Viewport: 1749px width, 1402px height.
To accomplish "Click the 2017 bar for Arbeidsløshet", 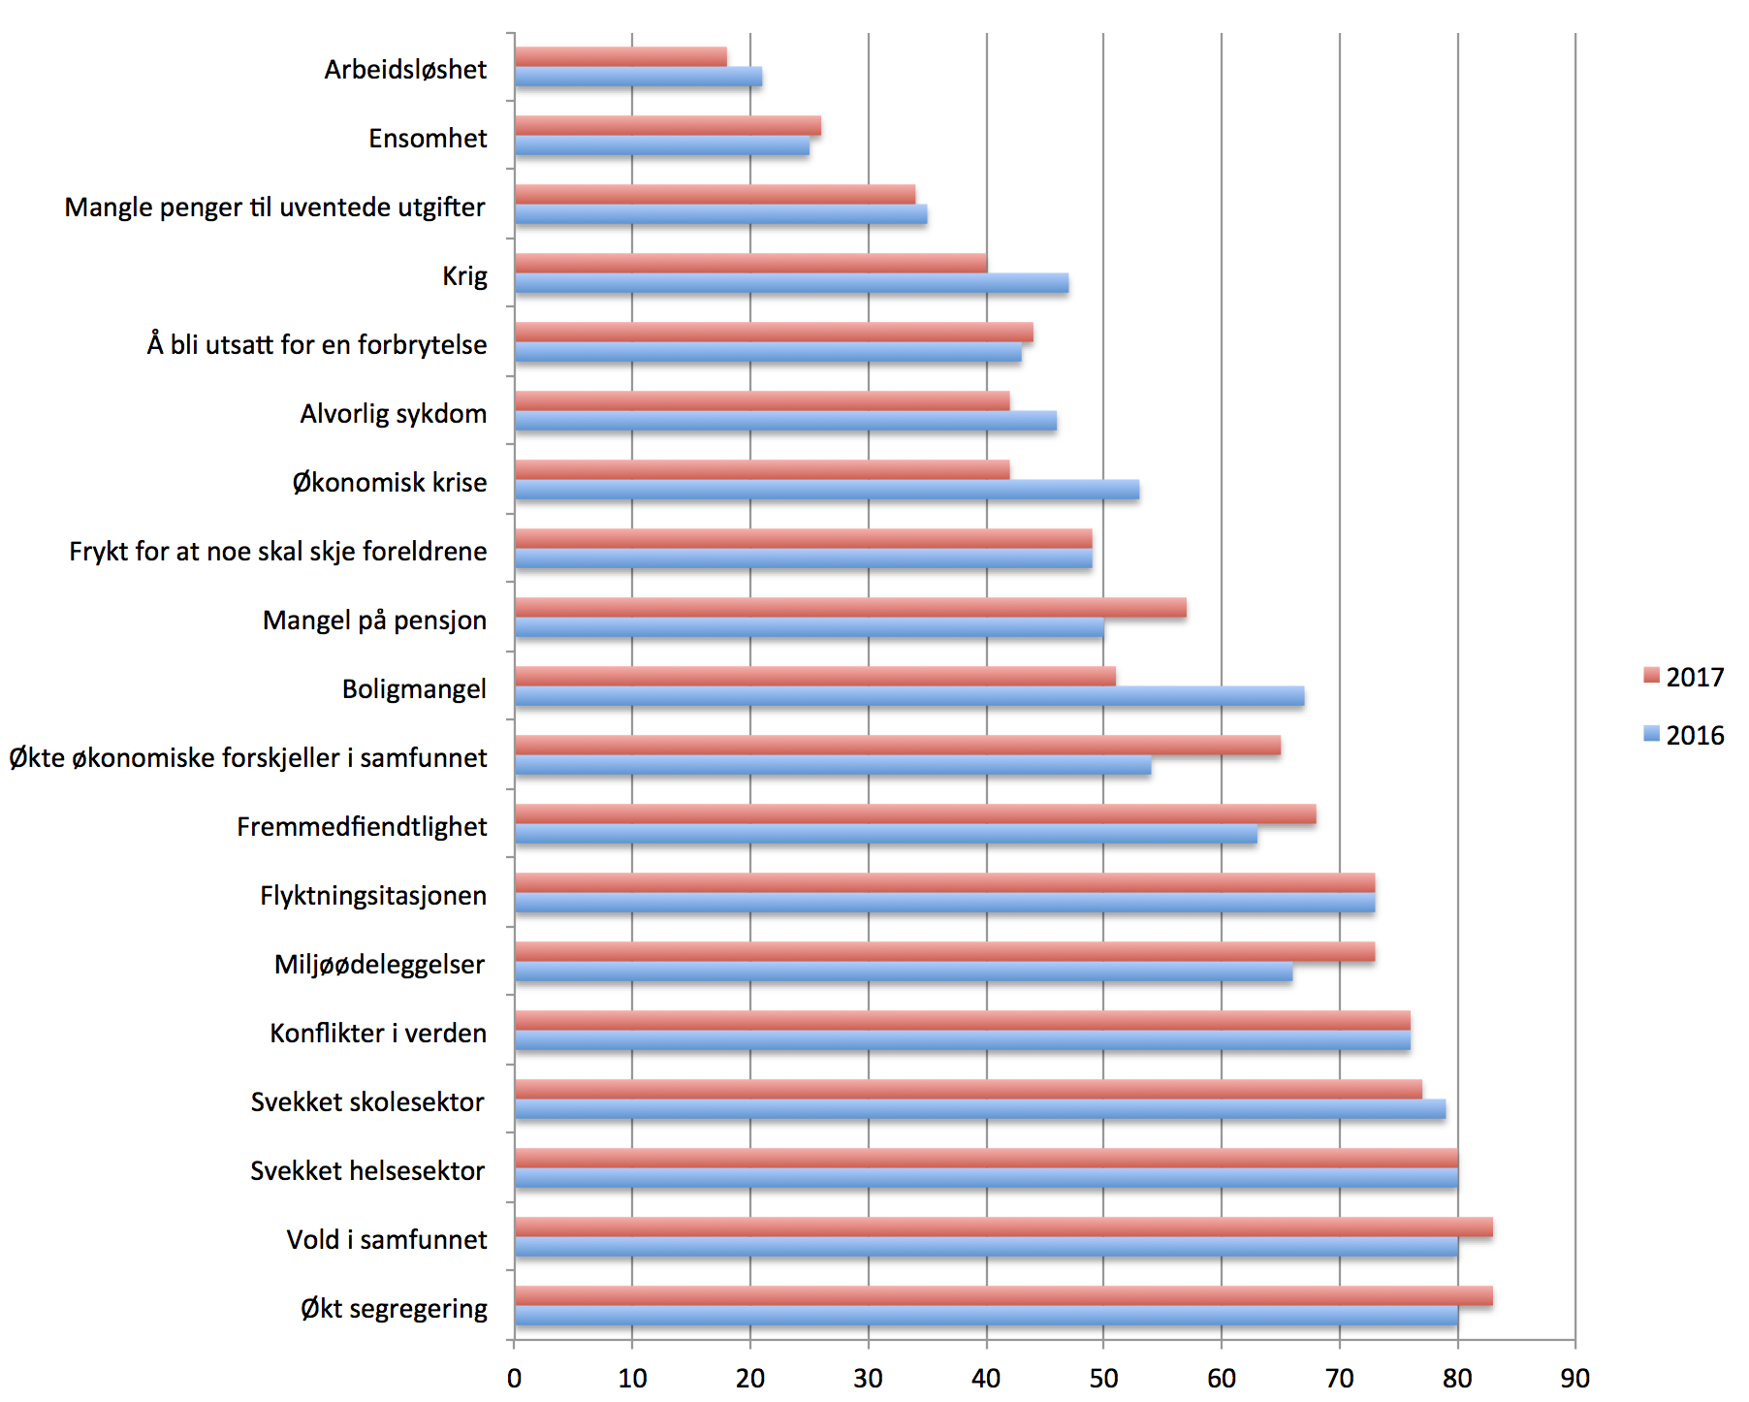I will click(620, 57).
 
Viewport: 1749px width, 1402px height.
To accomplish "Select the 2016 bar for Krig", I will click(791, 283).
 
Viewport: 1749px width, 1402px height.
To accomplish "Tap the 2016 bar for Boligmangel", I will click(909, 696).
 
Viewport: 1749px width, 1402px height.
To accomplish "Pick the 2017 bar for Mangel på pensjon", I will click(850, 608).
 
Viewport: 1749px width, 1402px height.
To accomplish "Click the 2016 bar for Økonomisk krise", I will click(827, 490).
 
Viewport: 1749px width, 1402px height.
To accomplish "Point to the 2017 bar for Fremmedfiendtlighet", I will click(915, 814).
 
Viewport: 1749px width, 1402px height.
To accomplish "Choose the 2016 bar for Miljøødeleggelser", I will click(904, 972).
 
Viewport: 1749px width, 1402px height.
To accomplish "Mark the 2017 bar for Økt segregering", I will click(1003, 1296).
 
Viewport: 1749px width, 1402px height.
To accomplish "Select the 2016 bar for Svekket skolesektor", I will click(980, 1109).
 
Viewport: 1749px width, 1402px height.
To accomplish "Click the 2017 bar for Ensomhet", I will click(668, 126).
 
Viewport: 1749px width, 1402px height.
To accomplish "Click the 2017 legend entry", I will click(1684, 677).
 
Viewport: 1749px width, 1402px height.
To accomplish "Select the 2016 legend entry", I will click(1684, 735).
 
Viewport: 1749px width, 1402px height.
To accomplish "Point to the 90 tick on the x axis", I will click(1575, 1378).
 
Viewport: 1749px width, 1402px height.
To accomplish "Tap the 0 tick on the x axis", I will click(514, 1378).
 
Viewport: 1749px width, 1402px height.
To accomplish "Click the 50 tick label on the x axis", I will click(1103, 1378).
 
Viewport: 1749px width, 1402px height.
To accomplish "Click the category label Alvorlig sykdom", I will click(394, 414).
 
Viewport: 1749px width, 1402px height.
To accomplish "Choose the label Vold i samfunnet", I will click(387, 1240).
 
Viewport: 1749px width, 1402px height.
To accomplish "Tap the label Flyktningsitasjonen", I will click(373, 896).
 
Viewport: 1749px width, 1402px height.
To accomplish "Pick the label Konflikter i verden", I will click(378, 1034).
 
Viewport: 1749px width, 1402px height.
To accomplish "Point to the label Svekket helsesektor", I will click(367, 1171).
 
